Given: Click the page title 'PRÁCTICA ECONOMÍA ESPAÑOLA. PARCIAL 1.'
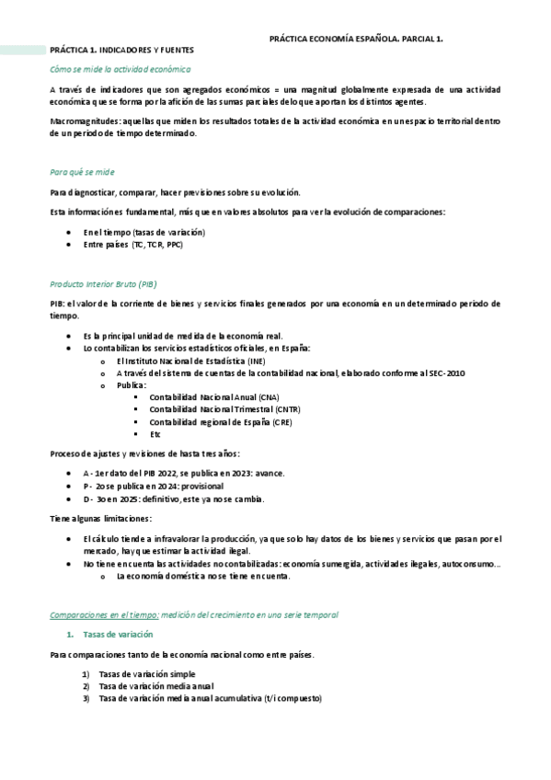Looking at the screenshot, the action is click(356, 40).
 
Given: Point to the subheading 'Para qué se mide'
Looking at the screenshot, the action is click(82, 172).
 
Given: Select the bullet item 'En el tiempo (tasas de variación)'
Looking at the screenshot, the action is click(143, 232).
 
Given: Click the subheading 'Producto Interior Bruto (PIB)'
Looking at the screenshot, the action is click(109, 284).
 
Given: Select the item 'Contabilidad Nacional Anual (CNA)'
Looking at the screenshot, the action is click(214, 397).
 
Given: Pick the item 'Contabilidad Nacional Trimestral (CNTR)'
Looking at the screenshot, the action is click(224, 409).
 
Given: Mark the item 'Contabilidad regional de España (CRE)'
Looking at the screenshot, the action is click(221, 421).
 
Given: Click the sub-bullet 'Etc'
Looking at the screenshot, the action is click(155, 433).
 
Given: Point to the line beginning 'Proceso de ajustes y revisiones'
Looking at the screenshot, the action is click(145, 453).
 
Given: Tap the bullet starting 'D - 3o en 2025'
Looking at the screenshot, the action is click(173, 499).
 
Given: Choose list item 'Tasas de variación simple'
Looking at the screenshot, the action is click(146, 674).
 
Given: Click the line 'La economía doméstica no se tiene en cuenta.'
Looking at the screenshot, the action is click(203, 576).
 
